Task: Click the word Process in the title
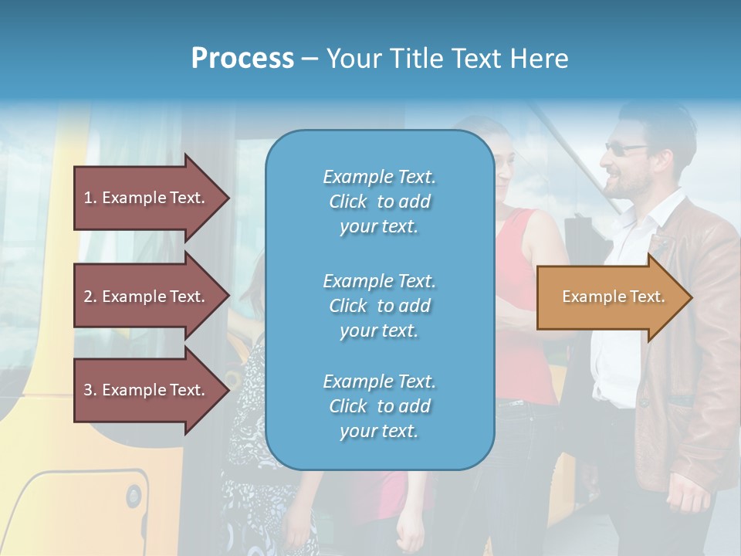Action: pyautogui.click(x=242, y=59)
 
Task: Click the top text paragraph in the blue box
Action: pyautogui.click(x=379, y=202)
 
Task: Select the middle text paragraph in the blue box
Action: pyautogui.click(x=379, y=305)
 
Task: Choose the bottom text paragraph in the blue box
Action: pyautogui.click(x=379, y=406)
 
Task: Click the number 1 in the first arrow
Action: pyautogui.click(x=89, y=198)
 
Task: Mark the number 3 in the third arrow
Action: pyautogui.click(x=89, y=390)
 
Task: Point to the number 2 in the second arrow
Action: pyautogui.click(x=89, y=297)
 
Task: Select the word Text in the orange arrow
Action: pyautogui.click(x=647, y=297)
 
